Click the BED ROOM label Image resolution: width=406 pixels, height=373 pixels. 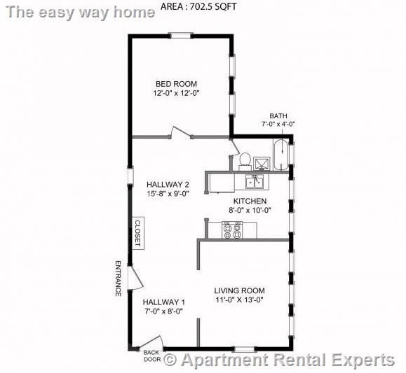tap(176, 84)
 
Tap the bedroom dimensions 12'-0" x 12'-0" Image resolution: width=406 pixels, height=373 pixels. tap(177, 93)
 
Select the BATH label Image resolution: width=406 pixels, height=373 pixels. tap(278, 116)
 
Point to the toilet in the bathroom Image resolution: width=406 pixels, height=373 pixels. tap(245, 160)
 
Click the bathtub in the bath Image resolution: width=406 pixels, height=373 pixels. tap(280, 155)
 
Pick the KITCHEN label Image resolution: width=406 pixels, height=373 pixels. tap(249, 201)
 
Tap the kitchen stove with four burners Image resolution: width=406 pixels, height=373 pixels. tap(232, 230)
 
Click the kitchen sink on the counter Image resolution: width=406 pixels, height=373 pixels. tap(254, 182)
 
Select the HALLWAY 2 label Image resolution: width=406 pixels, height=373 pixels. tap(168, 185)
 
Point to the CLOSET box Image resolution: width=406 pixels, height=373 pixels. tap(138, 233)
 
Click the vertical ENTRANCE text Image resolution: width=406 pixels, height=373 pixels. tap(117, 278)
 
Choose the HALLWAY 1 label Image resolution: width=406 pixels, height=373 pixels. tap(163, 302)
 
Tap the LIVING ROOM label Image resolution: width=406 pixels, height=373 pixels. tap(239, 290)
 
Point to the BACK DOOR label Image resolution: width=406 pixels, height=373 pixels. tap(151, 356)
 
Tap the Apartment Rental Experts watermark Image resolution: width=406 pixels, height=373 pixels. tap(279, 360)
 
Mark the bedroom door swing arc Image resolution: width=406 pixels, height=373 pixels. tap(177, 131)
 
